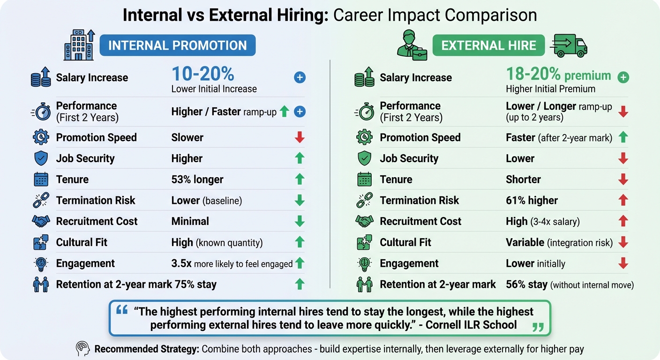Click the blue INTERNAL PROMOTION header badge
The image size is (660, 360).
coord(177,45)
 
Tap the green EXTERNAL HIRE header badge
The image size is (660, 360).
coord(488,45)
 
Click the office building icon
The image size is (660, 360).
coord(80,45)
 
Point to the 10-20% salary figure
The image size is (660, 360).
coord(202,74)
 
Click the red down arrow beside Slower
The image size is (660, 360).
coord(300,137)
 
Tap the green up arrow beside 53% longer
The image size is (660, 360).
coord(300,179)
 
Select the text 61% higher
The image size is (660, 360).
coord(532,201)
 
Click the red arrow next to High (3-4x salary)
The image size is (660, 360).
coord(623,221)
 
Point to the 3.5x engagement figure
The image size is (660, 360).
coord(182,263)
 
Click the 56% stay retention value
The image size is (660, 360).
coord(526,284)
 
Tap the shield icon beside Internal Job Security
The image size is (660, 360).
coord(41,158)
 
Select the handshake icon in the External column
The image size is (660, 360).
coord(364,221)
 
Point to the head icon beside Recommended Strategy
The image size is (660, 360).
coord(82,349)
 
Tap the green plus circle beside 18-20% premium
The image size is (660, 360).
coord(623,77)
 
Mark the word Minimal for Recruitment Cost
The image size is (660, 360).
coord(190,221)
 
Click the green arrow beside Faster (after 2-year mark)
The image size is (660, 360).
coord(623,137)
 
